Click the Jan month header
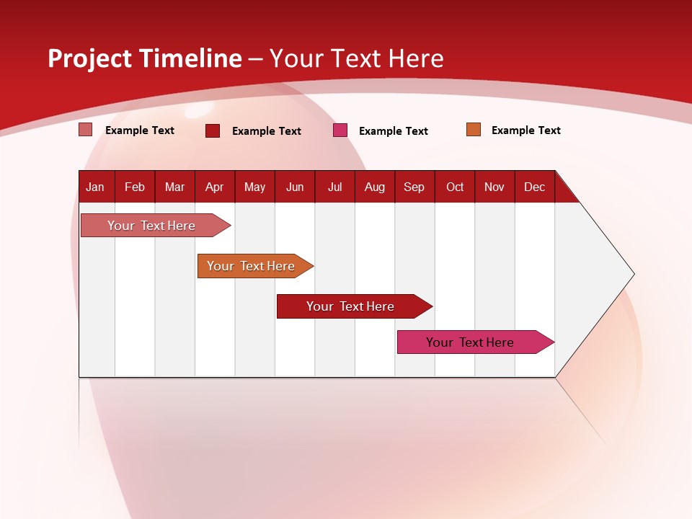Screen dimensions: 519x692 (x=96, y=187)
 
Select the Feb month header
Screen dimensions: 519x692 (x=135, y=187)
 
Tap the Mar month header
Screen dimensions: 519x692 (x=174, y=187)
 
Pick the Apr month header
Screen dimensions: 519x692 (x=215, y=187)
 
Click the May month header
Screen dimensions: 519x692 (x=254, y=187)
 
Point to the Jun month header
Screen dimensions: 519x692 (x=295, y=187)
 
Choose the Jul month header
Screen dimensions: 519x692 (x=334, y=187)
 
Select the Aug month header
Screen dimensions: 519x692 (x=375, y=187)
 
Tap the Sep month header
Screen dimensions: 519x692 (x=414, y=187)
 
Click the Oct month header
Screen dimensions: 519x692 (x=455, y=187)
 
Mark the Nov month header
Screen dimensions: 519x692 (x=494, y=187)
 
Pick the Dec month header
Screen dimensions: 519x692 (x=535, y=187)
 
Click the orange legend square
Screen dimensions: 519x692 (x=474, y=130)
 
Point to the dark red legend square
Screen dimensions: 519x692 (x=213, y=130)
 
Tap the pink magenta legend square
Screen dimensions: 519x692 (x=340, y=130)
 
